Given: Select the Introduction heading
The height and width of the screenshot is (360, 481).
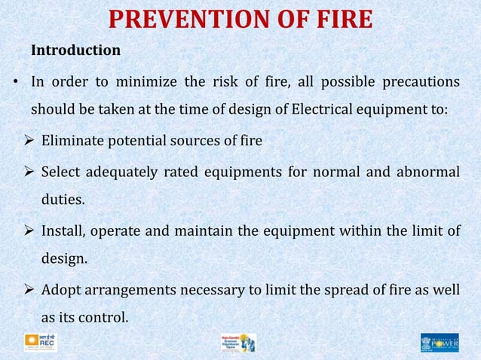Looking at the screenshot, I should (x=75, y=50).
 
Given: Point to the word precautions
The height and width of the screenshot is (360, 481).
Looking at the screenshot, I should (x=422, y=81).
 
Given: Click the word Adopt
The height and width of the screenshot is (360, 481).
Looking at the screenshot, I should (x=61, y=289).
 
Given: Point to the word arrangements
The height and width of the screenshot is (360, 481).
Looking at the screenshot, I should (x=136, y=289).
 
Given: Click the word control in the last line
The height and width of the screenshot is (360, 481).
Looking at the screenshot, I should (x=104, y=318).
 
